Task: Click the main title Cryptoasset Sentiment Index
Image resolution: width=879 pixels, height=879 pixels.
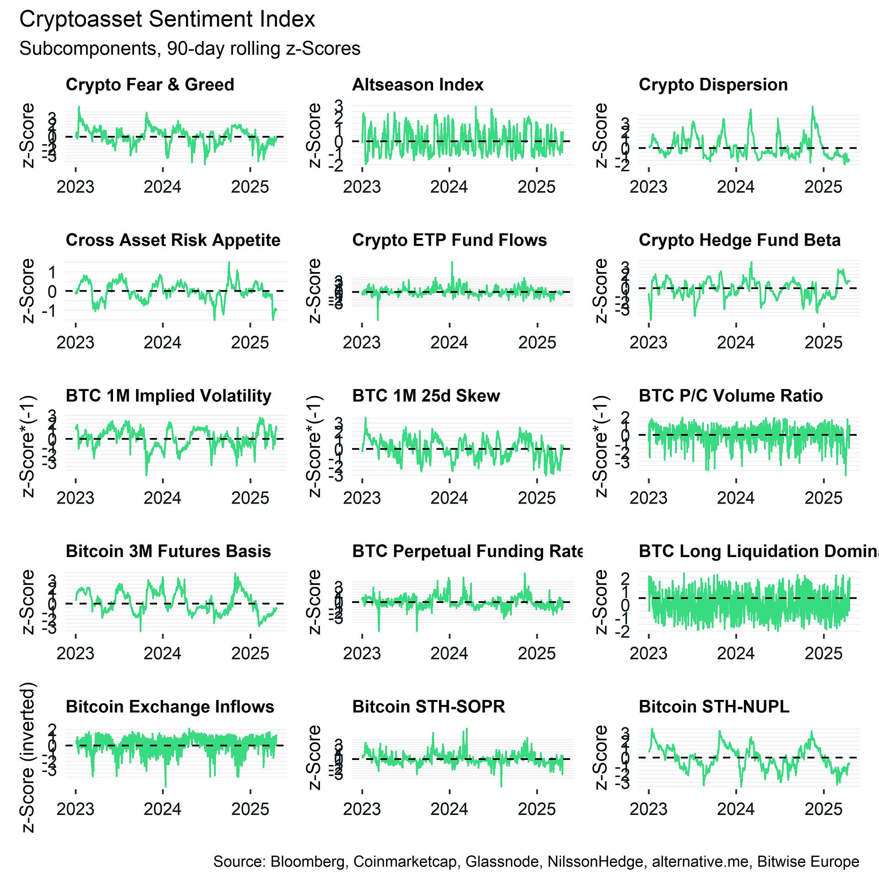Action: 167,20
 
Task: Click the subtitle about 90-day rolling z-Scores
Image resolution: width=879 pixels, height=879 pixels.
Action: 190,49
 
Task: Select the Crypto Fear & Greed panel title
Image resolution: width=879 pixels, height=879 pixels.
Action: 150,85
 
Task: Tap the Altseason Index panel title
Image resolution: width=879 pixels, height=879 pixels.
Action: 418,85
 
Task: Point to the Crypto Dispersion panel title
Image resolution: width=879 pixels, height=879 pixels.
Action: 713,85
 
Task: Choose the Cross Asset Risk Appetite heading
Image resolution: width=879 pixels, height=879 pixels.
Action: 173,240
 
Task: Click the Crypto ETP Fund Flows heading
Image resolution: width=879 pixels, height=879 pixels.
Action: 449,240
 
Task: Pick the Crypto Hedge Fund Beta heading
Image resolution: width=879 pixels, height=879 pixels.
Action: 739,240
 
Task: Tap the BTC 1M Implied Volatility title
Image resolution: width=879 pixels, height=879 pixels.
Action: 168,396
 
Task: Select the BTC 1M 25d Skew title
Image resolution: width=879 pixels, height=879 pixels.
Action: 426,396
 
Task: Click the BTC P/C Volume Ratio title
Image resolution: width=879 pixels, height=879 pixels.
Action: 730,396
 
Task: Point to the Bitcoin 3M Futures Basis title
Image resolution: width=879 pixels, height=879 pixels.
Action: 168,551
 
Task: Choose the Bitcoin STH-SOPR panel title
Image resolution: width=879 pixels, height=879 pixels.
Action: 428,707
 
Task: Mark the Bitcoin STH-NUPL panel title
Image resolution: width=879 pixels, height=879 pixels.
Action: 714,707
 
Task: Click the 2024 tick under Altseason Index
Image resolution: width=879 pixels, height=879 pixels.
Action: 449,187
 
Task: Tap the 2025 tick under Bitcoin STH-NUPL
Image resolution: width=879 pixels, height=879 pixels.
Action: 823,809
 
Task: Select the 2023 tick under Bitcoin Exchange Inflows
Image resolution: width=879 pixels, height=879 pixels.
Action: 75,809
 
